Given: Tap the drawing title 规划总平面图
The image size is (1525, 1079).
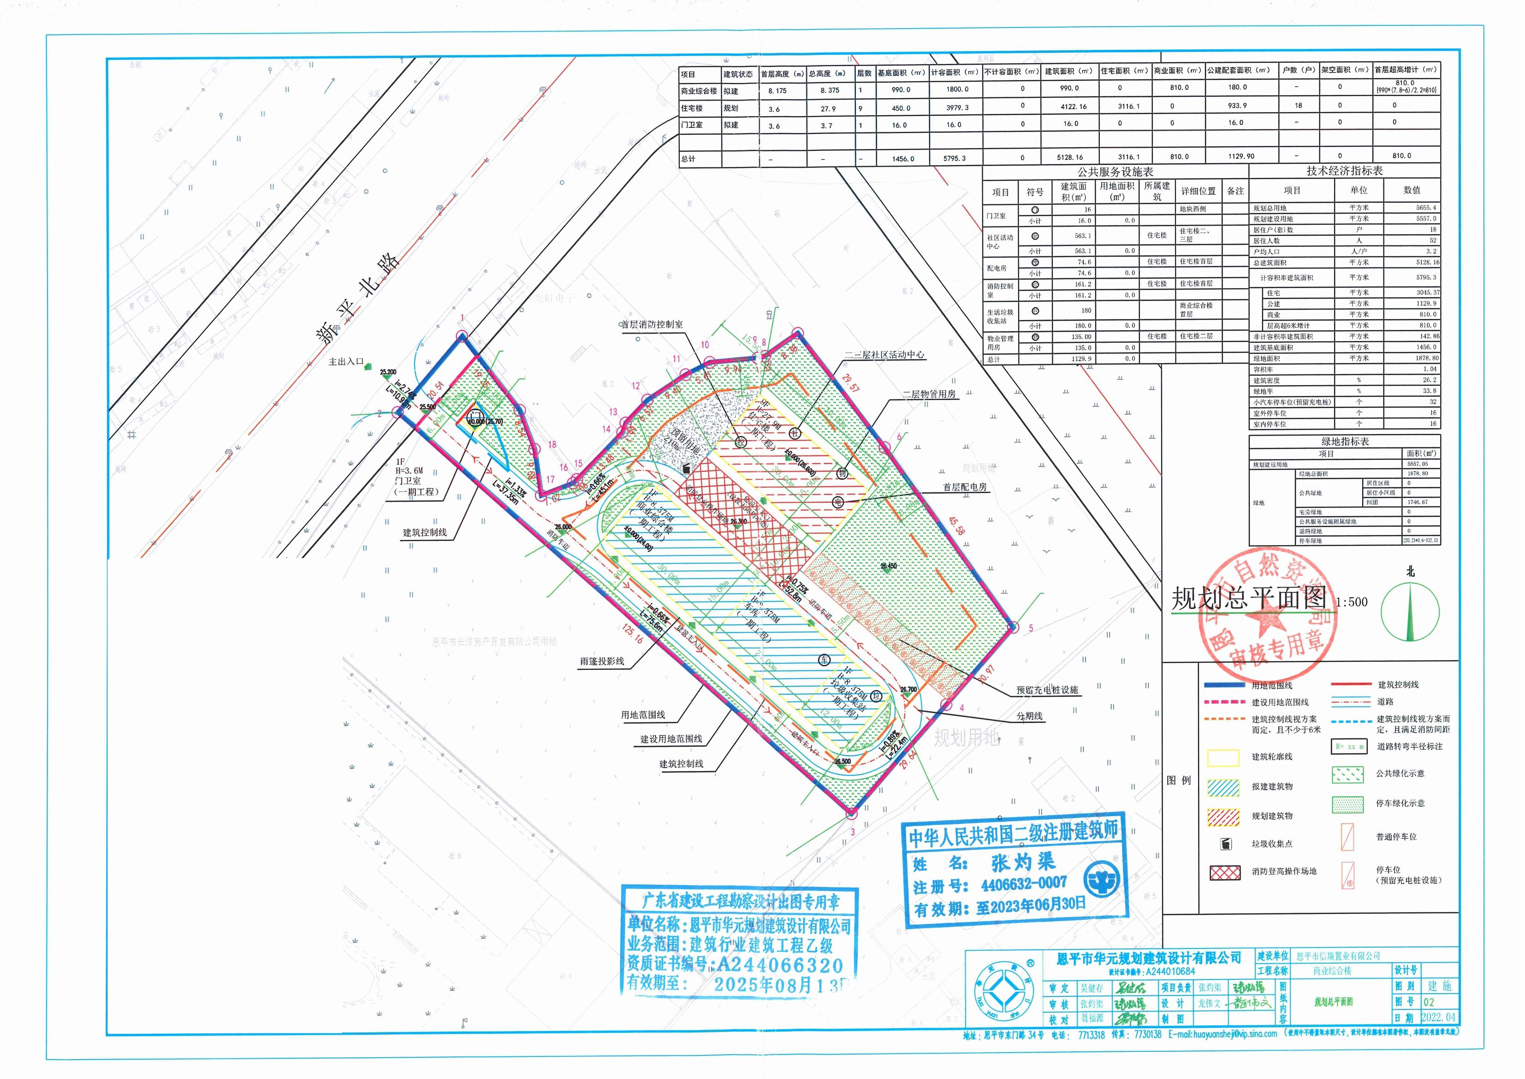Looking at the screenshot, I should tap(1249, 599).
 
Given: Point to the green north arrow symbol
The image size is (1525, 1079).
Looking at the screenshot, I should tap(1411, 610).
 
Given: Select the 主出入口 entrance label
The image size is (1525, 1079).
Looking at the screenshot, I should tap(346, 362).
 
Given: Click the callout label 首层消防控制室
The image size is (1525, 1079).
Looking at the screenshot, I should tap(652, 325).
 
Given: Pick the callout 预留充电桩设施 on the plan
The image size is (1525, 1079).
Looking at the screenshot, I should tap(1047, 690).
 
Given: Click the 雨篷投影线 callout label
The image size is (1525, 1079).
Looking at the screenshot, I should tap(602, 662).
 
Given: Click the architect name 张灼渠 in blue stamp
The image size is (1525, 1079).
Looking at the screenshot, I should tap(1023, 863).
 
